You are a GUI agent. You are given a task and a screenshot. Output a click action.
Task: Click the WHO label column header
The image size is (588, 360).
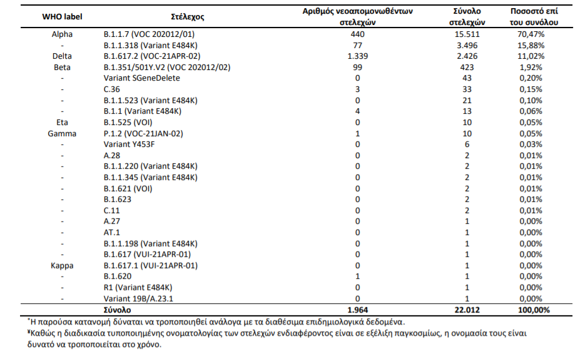click(x=62, y=16)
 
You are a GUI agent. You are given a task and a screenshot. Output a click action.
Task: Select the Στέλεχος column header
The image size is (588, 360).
click(x=188, y=17)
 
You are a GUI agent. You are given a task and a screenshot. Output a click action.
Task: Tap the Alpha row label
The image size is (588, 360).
click(x=62, y=34)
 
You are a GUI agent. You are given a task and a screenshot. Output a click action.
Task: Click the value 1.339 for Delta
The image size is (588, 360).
click(x=357, y=56)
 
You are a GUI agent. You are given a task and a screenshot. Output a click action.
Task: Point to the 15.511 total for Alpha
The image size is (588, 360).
click(x=467, y=34)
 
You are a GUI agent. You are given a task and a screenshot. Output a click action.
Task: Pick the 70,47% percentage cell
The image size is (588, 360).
click(x=530, y=34)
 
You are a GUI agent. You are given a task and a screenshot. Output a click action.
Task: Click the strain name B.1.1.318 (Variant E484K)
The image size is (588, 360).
click(x=150, y=46)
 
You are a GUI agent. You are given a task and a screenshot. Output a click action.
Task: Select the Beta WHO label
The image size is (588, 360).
click(x=62, y=67)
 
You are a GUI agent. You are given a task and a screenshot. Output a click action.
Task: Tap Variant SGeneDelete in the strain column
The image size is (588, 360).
click(x=142, y=78)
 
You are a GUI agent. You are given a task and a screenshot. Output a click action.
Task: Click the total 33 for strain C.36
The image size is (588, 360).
click(x=467, y=89)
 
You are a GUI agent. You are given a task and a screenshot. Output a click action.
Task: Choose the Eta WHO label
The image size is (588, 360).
click(x=62, y=122)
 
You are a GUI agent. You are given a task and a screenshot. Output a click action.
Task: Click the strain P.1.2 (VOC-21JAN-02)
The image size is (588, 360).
click(x=143, y=134)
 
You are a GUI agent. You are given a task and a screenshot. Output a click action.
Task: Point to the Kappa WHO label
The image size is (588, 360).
click(x=62, y=266)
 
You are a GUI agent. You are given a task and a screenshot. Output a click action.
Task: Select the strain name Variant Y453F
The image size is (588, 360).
click(x=129, y=144)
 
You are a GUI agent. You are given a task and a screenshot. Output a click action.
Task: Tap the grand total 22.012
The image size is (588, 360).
click(x=467, y=310)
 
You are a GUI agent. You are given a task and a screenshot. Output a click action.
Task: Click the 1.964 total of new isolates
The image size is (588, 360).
click(x=357, y=310)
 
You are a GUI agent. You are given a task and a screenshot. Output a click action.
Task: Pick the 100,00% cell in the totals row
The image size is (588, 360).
click(x=534, y=310)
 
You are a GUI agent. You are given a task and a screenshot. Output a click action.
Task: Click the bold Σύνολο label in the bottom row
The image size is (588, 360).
click(x=118, y=310)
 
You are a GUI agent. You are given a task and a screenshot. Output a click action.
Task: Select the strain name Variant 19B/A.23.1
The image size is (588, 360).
click(x=138, y=299)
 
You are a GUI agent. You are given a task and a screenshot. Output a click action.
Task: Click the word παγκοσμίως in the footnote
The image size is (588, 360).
click(x=416, y=333)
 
